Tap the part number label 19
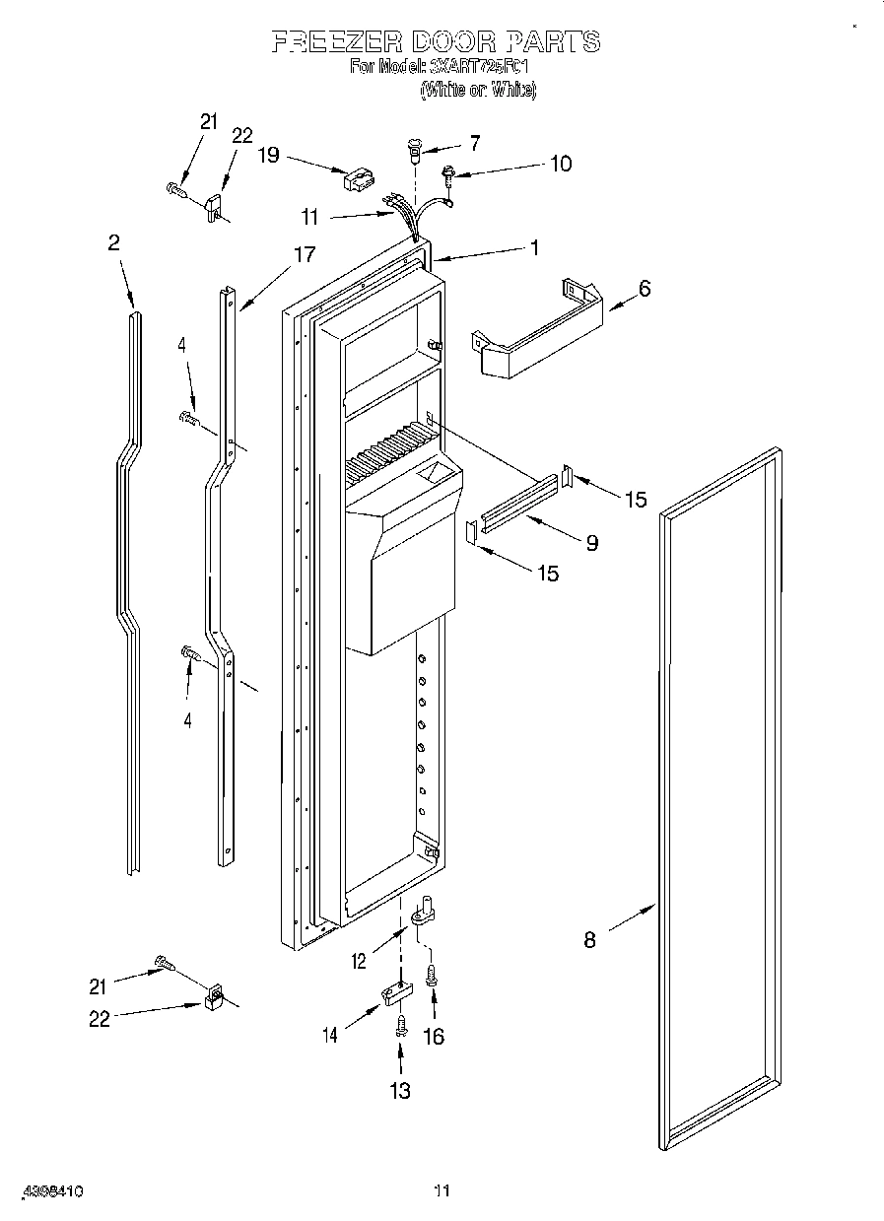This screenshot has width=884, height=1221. (268, 155)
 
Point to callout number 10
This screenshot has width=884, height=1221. (560, 164)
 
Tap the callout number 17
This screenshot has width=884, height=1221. (305, 255)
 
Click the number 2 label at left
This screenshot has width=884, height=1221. (114, 242)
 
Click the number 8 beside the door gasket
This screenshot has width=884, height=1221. (589, 939)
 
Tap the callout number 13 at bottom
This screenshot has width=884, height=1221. (400, 1091)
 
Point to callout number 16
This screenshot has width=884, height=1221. (433, 1036)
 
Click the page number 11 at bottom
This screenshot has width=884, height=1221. (442, 1191)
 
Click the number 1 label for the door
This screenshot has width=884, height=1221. (534, 248)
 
